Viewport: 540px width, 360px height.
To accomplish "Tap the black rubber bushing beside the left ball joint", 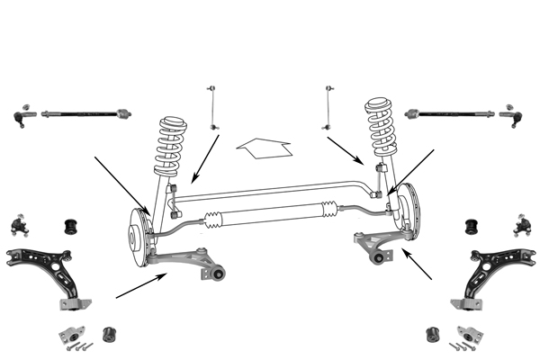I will click(x=69, y=222).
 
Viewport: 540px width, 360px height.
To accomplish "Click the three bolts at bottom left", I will click(x=82, y=344).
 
